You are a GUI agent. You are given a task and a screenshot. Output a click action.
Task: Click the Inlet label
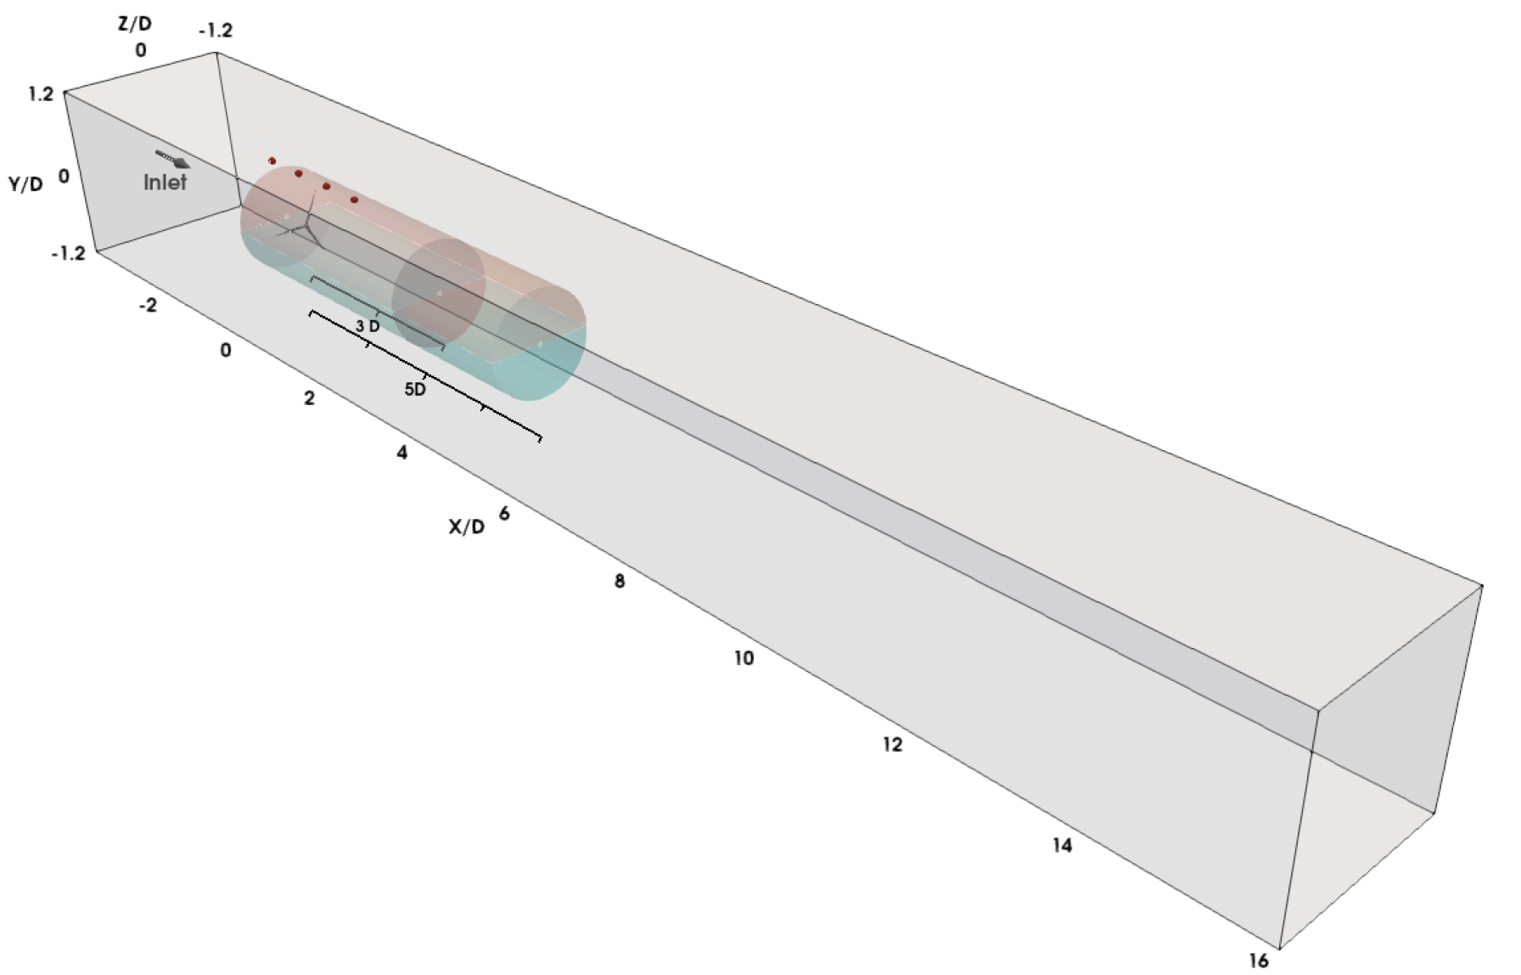[165, 182]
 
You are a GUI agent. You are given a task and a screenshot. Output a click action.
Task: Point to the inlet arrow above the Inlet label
[172, 159]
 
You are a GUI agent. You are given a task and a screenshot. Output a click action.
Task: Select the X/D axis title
[467, 527]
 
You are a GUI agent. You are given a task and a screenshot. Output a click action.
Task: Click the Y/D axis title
[26, 183]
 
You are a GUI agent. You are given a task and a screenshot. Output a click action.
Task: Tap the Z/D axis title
[135, 23]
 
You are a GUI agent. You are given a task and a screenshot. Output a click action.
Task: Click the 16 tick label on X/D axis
[1259, 960]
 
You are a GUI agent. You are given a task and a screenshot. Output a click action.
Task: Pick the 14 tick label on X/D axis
[1062, 845]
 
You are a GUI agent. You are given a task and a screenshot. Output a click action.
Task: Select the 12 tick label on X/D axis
[892, 744]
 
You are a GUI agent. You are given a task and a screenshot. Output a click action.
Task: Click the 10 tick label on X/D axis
[744, 657]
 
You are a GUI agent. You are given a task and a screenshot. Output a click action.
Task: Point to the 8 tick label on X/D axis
[620, 581]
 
